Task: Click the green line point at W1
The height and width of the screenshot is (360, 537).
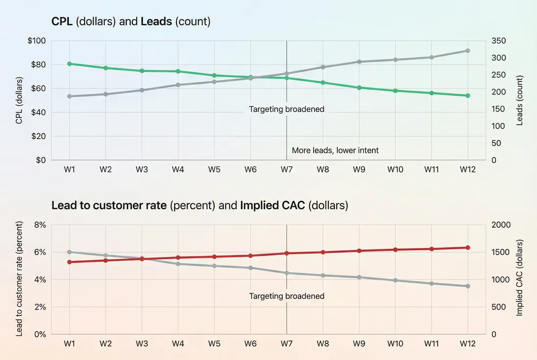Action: click(x=70, y=64)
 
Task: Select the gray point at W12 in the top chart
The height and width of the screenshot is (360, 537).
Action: click(x=467, y=51)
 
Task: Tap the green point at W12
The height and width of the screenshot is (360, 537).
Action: click(x=467, y=96)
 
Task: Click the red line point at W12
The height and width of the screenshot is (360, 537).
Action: click(x=467, y=248)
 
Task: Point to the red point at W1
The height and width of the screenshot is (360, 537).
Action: click(x=70, y=262)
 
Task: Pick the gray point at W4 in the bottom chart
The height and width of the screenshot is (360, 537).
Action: click(x=178, y=264)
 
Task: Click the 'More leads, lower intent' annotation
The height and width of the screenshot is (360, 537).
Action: click(x=335, y=150)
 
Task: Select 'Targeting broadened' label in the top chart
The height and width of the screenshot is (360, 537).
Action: click(x=287, y=109)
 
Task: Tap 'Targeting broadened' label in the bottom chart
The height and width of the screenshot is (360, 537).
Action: click(x=287, y=296)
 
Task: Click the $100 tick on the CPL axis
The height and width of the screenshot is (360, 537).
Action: click(x=37, y=41)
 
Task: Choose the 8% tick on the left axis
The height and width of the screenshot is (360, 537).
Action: click(x=39, y=225)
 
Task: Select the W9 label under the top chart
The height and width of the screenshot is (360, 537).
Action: click(x=359, y=169)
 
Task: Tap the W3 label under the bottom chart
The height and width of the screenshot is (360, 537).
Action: click(x=142, y=344)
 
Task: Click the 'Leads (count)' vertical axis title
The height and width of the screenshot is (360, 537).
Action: click(x=520, y=100)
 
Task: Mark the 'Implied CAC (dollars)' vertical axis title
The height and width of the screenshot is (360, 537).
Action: click(x=520, y=277)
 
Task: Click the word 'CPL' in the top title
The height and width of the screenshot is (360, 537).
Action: click(x=61, y=22)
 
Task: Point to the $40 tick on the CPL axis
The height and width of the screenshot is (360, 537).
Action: click(x=38, y=112)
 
